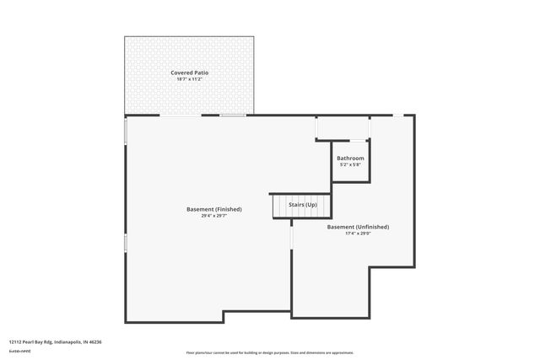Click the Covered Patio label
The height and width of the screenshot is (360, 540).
(x=189, y=73)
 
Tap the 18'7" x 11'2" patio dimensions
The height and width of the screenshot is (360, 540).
(x=189, y=79)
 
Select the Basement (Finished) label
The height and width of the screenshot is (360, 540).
(x=214, y=209)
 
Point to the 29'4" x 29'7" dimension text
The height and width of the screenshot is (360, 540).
(x=214, y=216)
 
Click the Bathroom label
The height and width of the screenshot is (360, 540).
(x=350, y=159)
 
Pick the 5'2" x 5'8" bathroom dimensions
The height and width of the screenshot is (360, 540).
(x=350, y=164)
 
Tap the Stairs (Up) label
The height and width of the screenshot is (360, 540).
(x=303, y=205)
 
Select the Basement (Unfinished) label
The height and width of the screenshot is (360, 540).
(x=358, y=227)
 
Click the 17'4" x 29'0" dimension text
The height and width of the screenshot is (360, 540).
(x=358, y=234)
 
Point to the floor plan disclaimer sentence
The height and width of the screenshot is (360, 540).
(x=269, y=352)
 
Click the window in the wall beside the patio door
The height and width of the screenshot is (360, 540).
(x=234, y=116)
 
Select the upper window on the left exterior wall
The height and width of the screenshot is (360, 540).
(x=126, y=132)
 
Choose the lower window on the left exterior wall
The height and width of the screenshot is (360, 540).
(x=126, y=243)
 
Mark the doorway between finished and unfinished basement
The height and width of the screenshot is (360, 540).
(x=291, y=237)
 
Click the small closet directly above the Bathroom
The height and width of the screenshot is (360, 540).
(x=342, y=128)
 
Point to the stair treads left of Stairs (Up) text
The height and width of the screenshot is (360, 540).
(x=279, y=206)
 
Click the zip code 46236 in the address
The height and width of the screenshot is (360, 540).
(x=94, y=342)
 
